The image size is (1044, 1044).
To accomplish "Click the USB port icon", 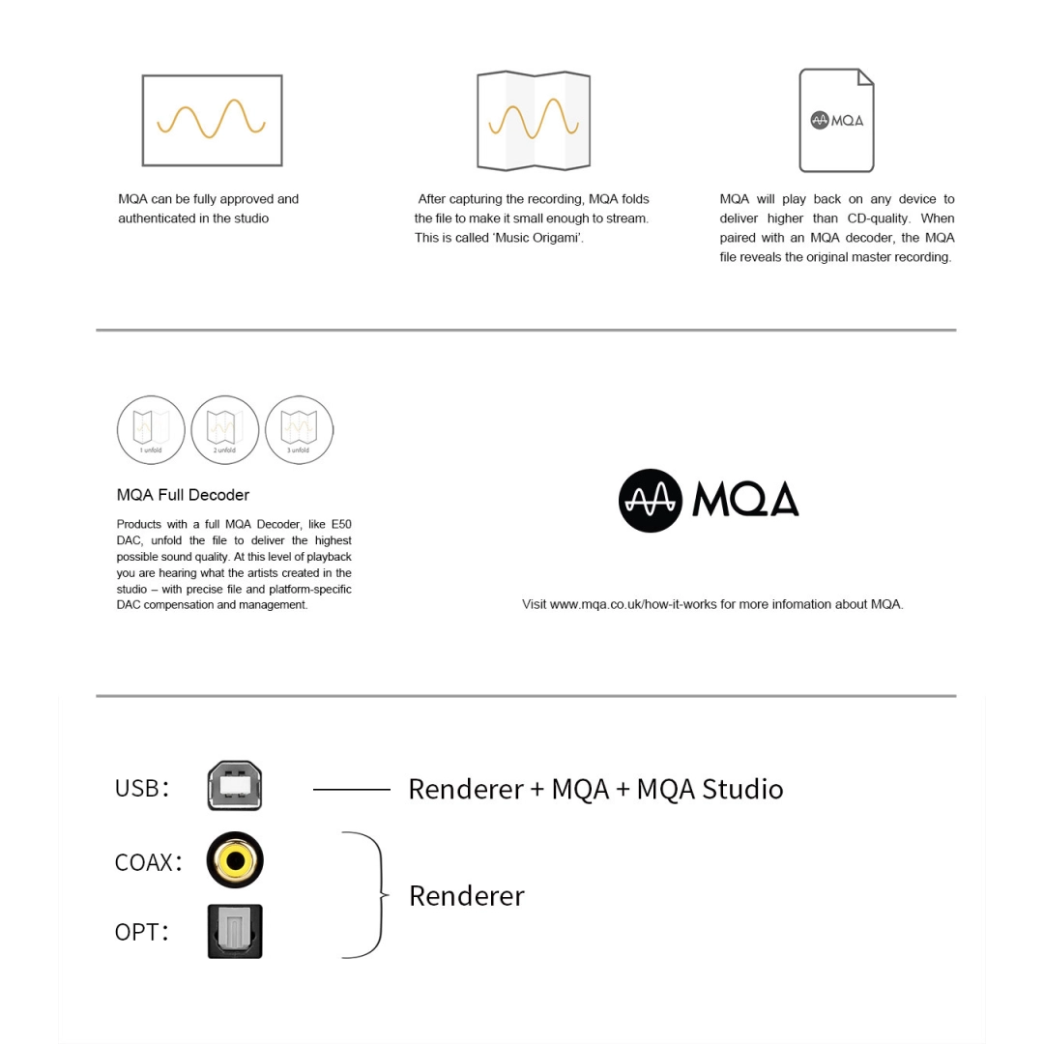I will [x=235, y=786].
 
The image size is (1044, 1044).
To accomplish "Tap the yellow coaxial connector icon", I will [x=235, y=859].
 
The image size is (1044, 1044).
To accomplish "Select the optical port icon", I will [x=235, y=931].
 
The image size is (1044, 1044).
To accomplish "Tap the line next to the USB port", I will [x=351, y=789].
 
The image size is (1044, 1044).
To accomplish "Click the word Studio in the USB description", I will [x=742, y=789].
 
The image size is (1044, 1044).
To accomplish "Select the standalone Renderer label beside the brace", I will [x=466, y=895].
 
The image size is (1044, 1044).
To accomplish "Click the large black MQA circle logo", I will [x=651, y=500].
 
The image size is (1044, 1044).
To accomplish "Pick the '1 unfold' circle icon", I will [x=151, y=429].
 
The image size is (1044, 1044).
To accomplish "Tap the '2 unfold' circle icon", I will [x=224, y=429].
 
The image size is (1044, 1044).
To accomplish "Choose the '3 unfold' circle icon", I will [x=299, y=429].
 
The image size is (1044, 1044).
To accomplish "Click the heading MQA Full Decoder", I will [x=183, y=495].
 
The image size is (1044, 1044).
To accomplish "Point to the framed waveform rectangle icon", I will [x=212, y=120].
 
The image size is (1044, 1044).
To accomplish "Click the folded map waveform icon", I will [x=534, y=120].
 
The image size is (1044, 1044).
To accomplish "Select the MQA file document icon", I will [x=836, y=120].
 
